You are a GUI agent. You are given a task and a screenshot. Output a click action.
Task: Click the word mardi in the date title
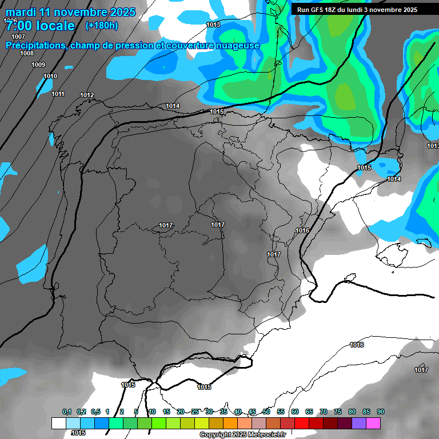click(22, 12)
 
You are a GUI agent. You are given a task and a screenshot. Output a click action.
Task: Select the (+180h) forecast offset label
click(102, 25)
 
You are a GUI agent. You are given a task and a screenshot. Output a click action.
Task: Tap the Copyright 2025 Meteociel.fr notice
click(242, 434)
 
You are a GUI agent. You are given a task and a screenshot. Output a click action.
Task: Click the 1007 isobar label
click(18, 37)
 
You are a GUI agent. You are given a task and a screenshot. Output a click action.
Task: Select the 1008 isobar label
click(27, 53)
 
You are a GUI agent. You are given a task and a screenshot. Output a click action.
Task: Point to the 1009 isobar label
click(38, 65)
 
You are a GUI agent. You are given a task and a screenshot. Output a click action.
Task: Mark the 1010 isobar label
click(50, 76)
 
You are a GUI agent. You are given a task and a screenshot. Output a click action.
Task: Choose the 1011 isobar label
click(58, 94)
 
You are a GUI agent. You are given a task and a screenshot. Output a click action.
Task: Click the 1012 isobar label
click(87, 95)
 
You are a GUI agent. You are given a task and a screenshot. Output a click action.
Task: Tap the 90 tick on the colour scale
click(381, 412)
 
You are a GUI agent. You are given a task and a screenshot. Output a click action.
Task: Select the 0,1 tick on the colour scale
click(67, 412)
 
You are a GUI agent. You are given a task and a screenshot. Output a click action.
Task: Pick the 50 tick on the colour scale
click(266, 412)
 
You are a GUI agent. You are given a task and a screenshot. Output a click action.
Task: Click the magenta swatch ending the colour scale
click(373, 423)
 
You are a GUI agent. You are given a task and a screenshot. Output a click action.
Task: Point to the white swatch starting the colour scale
click(59, 423)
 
